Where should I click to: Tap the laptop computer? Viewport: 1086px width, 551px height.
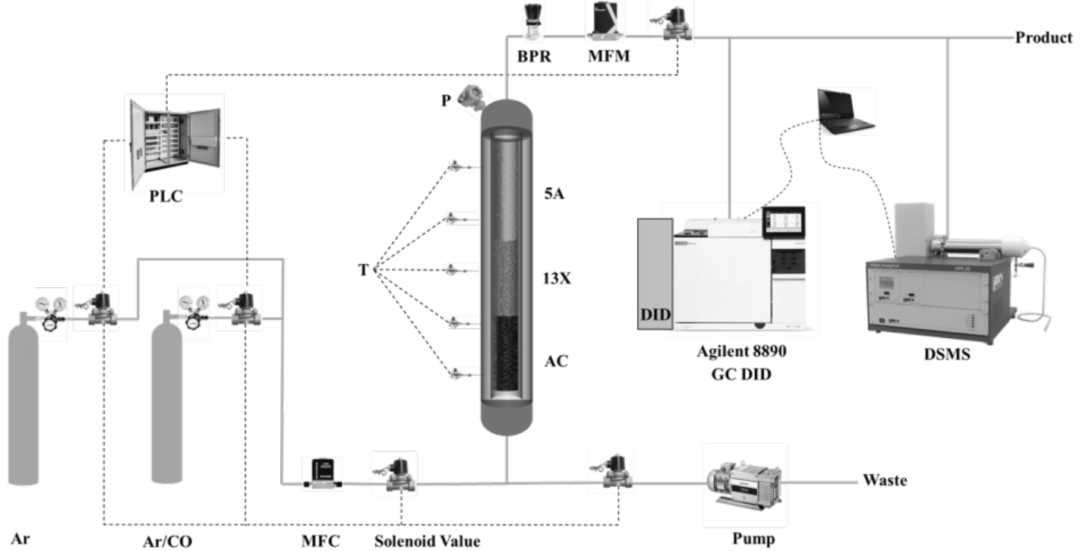[844, 112]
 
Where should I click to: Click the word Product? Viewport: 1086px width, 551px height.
[1043, 38]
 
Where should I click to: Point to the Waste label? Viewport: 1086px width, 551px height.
[884, 481]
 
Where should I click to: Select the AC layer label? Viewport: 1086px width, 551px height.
[557, 362]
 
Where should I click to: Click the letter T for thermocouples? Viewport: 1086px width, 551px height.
[364, 271]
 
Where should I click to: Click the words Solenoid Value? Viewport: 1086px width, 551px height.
[427, 541]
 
